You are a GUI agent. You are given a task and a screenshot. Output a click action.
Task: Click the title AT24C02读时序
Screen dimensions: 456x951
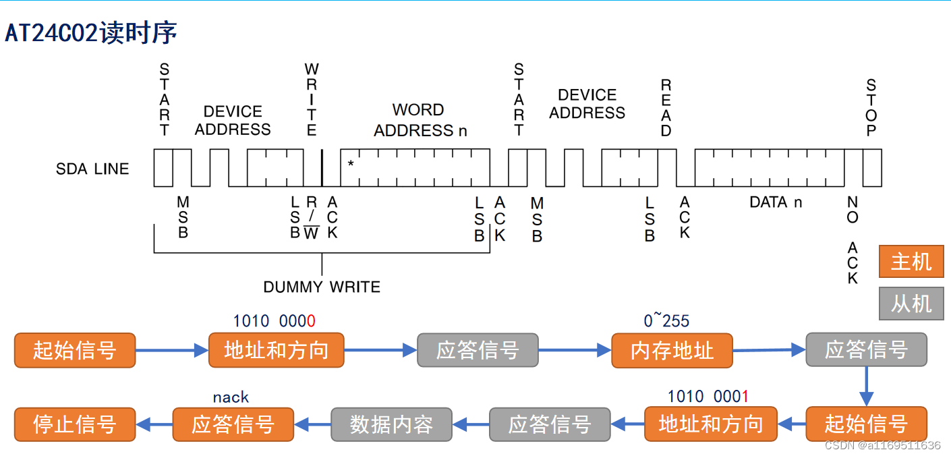click(91, 32)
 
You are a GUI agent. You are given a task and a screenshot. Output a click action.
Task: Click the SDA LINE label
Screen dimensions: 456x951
click(92, 169)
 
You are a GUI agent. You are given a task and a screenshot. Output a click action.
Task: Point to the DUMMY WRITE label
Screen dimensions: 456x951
click(322, 287)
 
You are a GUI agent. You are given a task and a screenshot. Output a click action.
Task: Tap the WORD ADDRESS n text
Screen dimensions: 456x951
click(420, 120)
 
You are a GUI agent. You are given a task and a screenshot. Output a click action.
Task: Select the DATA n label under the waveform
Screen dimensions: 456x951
click(776, 202)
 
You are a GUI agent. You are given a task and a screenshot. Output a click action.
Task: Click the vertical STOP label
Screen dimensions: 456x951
click(871, 108)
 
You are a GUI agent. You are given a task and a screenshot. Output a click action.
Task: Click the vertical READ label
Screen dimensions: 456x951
click(666, 108)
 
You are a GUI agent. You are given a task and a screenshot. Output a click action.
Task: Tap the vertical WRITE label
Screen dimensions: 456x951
click(312, 100)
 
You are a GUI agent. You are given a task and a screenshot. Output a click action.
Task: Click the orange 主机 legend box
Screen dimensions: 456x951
click(911, 262)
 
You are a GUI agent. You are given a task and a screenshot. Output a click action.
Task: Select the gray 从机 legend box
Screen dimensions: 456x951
click(911, 304)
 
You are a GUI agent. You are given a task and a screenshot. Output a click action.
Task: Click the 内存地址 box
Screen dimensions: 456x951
click(672, 350)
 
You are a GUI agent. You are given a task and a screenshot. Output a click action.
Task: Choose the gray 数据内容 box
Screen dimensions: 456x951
click(391, 424)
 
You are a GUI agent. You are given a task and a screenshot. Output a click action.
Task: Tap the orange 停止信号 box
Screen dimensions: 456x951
click(75, 424)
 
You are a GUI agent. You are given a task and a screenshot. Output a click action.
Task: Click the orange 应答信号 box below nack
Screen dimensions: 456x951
click(233, 424)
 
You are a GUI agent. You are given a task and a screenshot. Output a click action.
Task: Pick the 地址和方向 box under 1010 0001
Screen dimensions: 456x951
click(710, 424)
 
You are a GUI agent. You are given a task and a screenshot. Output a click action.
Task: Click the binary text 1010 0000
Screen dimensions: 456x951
click(275, 321)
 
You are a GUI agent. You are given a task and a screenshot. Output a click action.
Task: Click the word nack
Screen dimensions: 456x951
click(231, 397)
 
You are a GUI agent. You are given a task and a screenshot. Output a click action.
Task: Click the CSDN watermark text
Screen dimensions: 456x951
click(882, 445)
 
